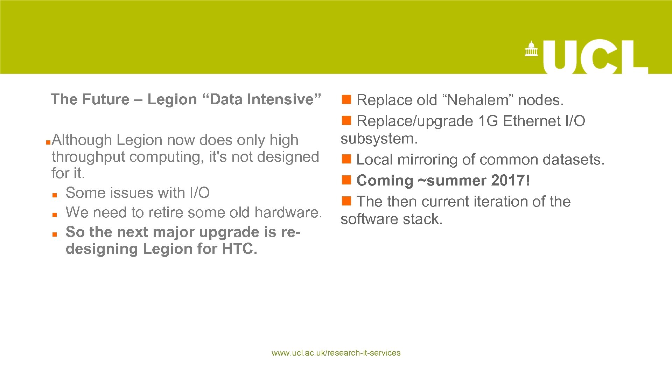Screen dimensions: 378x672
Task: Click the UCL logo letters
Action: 595,57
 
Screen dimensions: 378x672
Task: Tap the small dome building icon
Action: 531,49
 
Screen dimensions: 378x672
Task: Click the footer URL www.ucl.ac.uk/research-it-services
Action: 336,353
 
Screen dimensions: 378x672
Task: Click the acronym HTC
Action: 239,249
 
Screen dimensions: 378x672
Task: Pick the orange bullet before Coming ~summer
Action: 346,180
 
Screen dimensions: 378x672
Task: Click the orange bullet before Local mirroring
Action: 346,159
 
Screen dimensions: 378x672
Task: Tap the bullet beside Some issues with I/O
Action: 55,195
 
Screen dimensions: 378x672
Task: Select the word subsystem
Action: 379,139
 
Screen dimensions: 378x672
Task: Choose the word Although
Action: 82,140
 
